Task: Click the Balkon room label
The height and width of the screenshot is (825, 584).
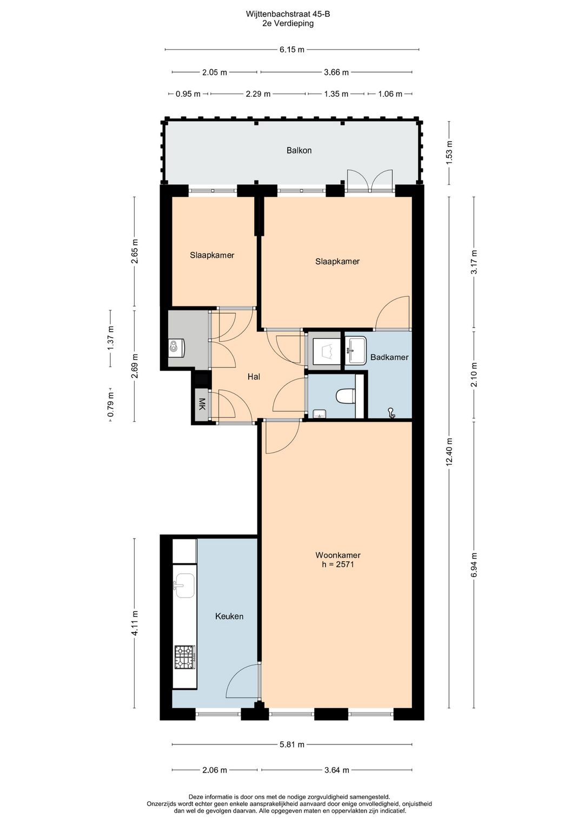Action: (298, 150)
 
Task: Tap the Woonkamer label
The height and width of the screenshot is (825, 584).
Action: (337, 555)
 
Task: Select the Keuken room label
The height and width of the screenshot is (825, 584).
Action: (229, 616)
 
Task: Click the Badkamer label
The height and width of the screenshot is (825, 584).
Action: (389, 357)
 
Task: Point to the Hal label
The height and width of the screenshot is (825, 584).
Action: (254, 376)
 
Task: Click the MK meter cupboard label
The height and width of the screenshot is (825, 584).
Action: (202, 404)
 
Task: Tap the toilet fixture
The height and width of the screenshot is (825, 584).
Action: (344, 397)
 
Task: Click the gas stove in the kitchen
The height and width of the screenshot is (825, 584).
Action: (184, 657)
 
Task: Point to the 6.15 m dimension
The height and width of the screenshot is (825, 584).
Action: (291, 50)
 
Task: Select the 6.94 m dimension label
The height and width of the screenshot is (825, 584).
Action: (474, 564)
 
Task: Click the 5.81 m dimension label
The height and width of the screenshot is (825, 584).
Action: (291, 744)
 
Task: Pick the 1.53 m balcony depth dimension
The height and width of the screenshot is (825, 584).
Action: (449, 152)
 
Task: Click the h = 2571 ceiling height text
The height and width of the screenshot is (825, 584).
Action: (337, 564)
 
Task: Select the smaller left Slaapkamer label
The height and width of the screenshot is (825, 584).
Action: (212, 255)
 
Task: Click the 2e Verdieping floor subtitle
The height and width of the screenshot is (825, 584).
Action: (288, 24)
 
